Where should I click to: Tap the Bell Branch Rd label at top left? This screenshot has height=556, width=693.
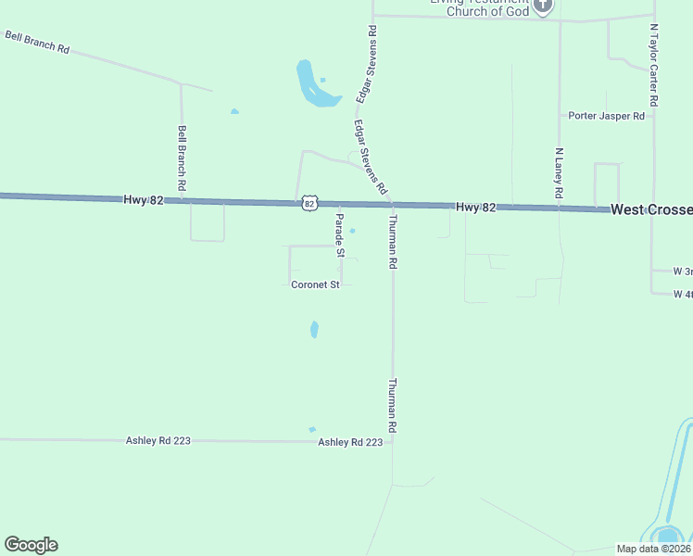click(x=38, y=42)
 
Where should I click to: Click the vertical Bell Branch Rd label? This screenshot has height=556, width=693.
click(x=183, y=159)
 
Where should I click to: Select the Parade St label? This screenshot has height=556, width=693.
click(x=340, y=235)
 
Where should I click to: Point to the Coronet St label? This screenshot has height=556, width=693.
click(x=316, y=284)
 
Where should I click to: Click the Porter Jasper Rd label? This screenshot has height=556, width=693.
click(x=607, y=116)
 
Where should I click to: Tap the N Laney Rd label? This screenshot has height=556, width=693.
click(x=559, y=173)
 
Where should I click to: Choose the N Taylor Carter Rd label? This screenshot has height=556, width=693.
click(x=654, y=66)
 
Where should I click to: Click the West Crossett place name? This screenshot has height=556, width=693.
click(x=651, y=210)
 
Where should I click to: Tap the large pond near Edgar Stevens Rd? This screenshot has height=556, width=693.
click(x=311, y=85)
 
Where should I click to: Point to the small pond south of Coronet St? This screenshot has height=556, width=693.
click(x=314, y=329)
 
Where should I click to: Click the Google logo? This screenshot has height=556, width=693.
click(x=31, y=545)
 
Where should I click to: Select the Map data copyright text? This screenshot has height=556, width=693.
click(x=653, y=549)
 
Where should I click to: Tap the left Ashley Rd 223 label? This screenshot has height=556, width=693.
click(x=158, y=441)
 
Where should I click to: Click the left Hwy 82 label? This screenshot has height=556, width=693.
click(x=144, y=199)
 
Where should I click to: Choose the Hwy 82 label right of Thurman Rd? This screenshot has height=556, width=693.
click(x=476, y=208)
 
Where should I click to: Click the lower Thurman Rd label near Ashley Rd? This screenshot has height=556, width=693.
click(x=393, y=406)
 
